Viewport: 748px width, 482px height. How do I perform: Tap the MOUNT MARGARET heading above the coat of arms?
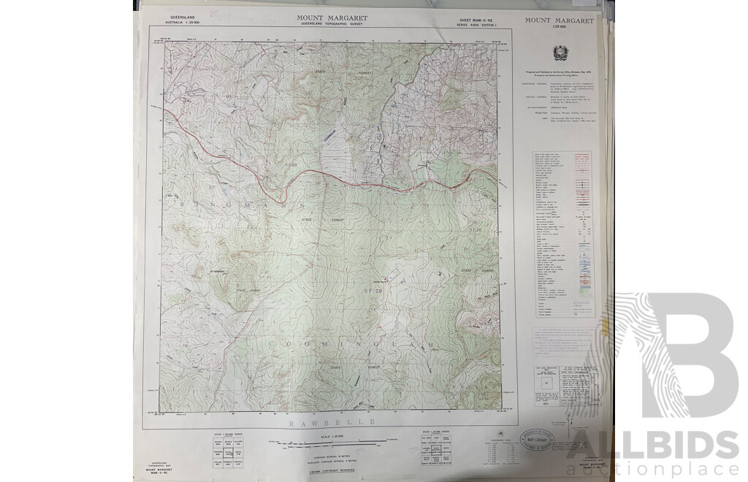click(559, 21)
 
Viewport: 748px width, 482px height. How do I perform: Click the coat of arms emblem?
click(559, 53)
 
